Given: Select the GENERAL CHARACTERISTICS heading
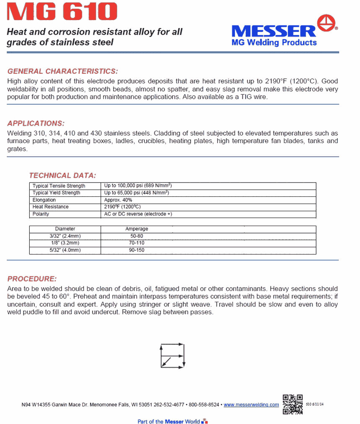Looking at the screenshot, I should (63, 71).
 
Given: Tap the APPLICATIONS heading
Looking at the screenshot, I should (36, 123).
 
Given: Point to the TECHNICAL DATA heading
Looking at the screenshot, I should (62, 175).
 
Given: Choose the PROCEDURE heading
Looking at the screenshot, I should (32, 279).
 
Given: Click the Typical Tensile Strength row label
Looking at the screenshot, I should (59, 186).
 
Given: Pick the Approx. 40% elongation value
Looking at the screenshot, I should (118, 200).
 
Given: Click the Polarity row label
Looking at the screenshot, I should (41, 214).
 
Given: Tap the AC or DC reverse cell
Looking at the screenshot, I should (138, 214).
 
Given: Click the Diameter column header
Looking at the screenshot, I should (65, 229).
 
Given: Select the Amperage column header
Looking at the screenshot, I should (137, 229).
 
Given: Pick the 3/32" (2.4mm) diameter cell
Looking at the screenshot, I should (65, 236).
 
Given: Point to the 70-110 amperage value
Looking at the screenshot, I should (137, 243).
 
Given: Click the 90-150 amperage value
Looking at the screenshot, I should (137, 250).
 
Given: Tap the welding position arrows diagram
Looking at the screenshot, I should (172, 356).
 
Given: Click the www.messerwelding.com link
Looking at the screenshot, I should (251, 405).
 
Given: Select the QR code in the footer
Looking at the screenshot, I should (293, 404).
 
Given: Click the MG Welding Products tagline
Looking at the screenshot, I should (274, 42).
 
